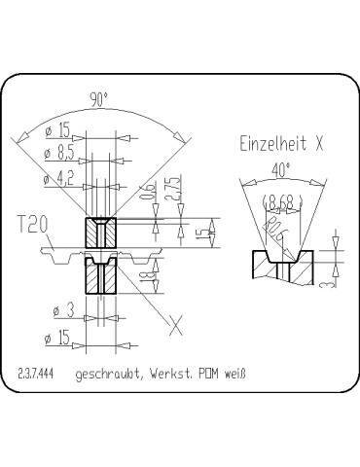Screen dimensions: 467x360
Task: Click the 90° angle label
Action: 98,100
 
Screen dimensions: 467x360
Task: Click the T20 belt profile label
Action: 32,226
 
